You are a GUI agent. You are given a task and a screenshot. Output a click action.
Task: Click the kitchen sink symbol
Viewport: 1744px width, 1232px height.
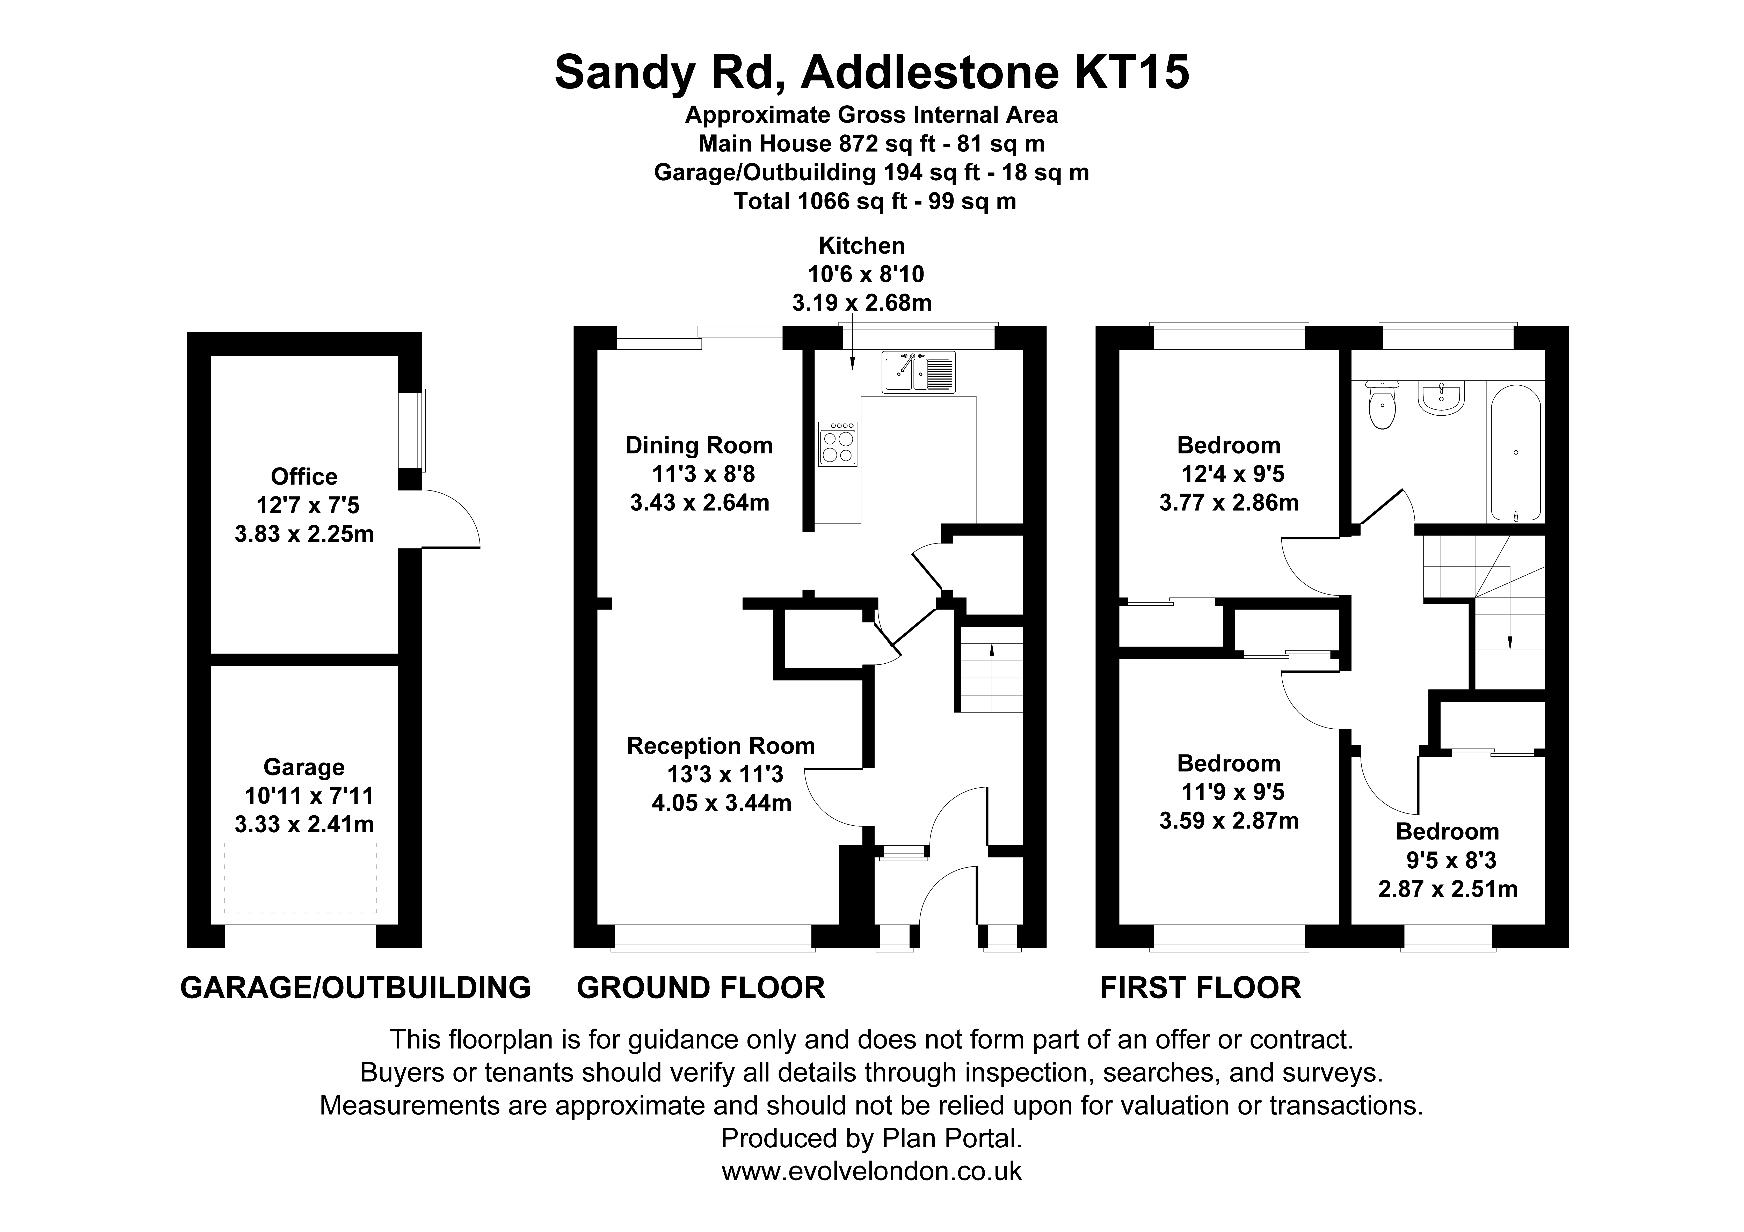click(918, 372)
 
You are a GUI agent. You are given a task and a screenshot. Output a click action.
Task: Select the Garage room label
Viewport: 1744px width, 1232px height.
click(304, 767)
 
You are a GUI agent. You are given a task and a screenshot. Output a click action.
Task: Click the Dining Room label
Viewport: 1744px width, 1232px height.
click(699, 445)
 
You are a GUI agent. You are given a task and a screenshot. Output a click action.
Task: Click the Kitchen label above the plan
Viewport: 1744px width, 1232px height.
click(861, 245)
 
